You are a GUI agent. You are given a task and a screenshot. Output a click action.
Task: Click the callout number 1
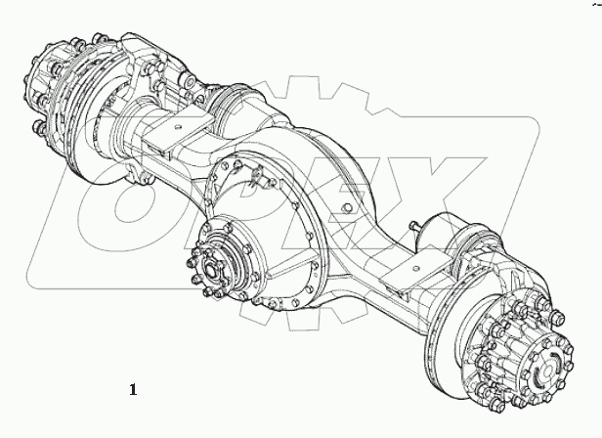(132, 389)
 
